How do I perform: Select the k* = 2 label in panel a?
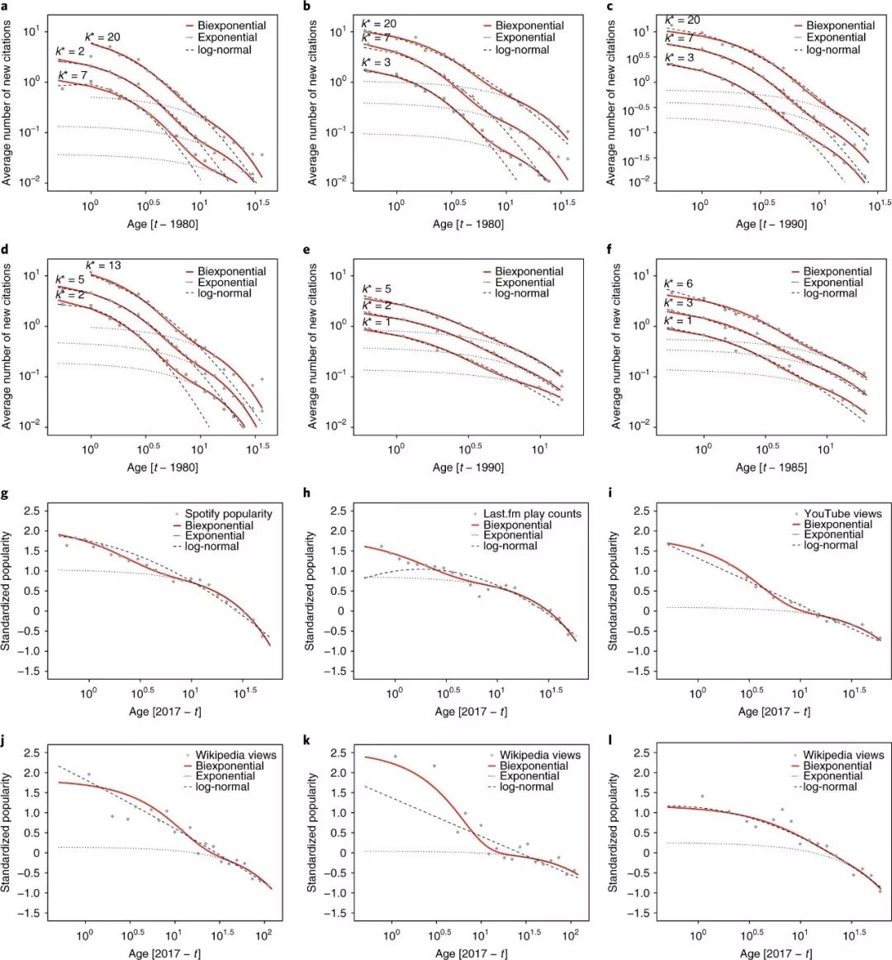tap(69, 52)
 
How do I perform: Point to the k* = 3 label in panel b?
tap(377, 63)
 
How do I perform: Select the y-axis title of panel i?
tap(614, 591)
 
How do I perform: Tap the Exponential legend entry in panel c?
tap(836, 38)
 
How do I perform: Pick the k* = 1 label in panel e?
tap(377, 320)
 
